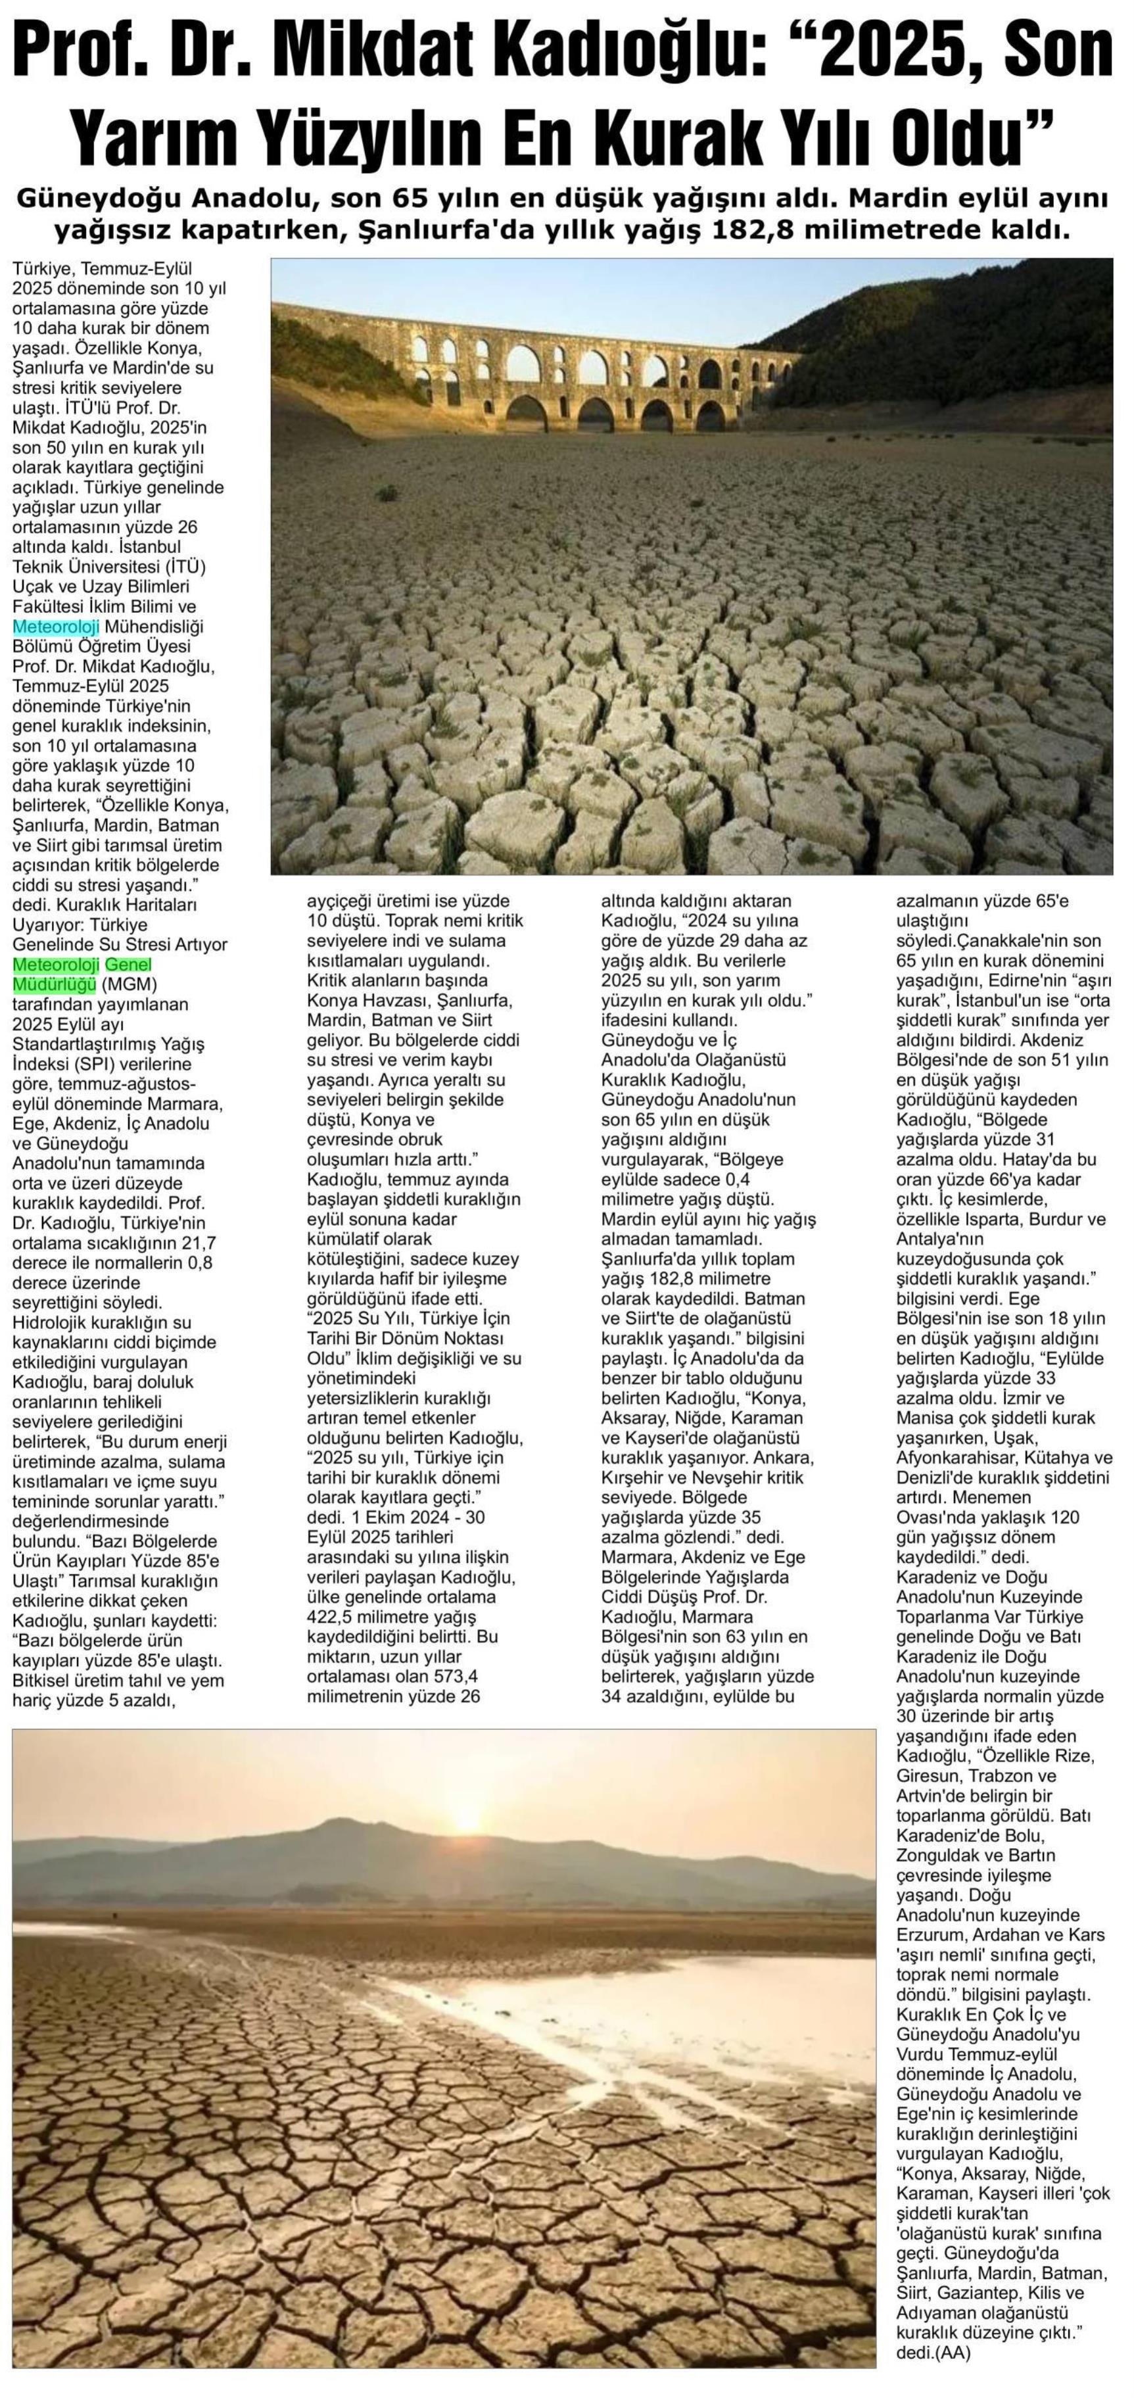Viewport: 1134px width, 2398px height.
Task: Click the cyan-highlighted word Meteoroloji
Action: click(x=56, y=627)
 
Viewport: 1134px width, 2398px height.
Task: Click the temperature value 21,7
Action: click(x=195, y=1243)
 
